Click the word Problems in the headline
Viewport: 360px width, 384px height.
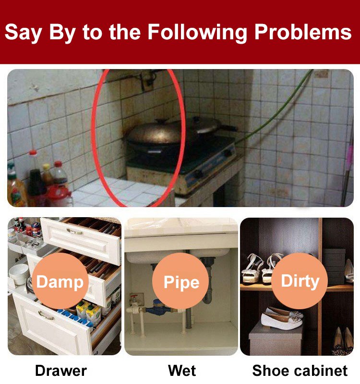(x=303, y=32)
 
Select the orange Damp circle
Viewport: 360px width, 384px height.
(x=60, y=281)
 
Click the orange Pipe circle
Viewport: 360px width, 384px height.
(x=180, y=281)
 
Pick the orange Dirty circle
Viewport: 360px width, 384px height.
(x=300, y=281)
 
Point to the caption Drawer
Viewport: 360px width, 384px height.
(x=61, y=371)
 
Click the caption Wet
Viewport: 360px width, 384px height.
(x=182, y=371)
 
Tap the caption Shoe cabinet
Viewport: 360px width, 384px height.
(x=300, y=371)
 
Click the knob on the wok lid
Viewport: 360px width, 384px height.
(x=162, y=120)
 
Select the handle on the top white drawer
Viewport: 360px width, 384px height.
(x=74, y=231)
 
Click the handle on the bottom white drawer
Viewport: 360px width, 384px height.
(x=46, y=315)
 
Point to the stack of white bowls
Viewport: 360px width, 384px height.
(x=19, y=274)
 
